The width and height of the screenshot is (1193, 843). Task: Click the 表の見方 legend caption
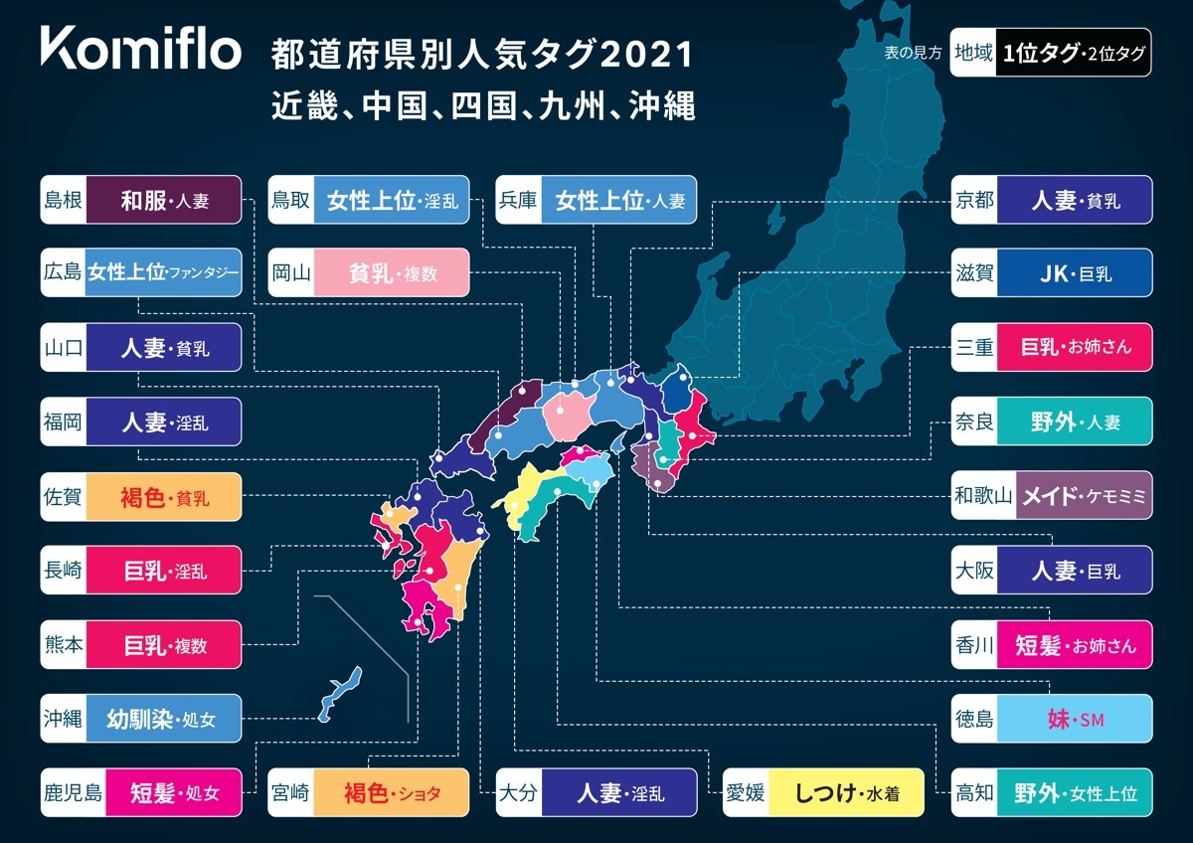point(912,53)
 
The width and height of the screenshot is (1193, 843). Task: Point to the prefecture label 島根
point(64,200)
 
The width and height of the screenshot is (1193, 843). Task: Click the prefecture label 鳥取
point(291,200)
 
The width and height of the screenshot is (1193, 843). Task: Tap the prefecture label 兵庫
point(519,200)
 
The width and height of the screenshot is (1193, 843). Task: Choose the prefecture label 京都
point(974,200)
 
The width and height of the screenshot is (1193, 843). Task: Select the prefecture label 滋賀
point(974,273)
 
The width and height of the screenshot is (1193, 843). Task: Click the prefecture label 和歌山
point(982,495)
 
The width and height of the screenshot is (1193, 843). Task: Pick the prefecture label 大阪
point(974,570)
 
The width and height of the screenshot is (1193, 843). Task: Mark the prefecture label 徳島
point(974,719)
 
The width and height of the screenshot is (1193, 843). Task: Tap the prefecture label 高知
point(974,792)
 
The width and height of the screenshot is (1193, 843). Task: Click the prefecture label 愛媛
point(746,792)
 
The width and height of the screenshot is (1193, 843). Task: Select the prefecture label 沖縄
point(64,719)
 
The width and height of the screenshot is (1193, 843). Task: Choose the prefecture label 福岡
point(64,421)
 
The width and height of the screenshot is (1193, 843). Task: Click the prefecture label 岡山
point(291,273)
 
